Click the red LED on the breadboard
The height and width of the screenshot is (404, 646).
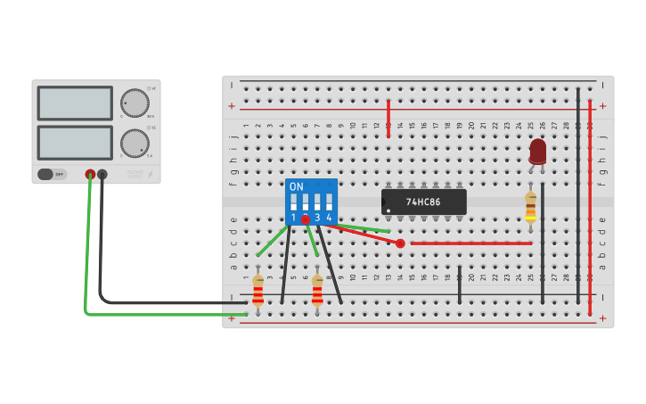pyautogui.click(x=537, y=150)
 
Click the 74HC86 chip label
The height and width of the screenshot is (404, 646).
pyautogui.click(x=423, y=202)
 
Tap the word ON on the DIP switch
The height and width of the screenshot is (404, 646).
pyautogui.click(x=297, y=187)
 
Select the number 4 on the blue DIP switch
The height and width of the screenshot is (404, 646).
pyautogui.click(x=329, y=218)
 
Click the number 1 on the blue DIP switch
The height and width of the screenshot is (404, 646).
pyautogui.click(x=293, y=218)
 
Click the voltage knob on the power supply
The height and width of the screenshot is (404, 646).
pyautogui.click(x=135, y=103)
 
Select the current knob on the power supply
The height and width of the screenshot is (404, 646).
pyautogui.click(x=135, y=143)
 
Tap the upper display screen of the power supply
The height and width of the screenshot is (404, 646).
pyautogui.click(x=75, y=103)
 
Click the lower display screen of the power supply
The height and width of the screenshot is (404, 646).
pyautogui.click(x=75, y=143)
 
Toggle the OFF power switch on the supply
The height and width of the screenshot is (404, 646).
pyautogui.click(x=53, y=175)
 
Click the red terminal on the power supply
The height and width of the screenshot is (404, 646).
pyautogui.click(x=90, y=175)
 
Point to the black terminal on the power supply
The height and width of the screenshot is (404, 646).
pyautogui.click(x=102, y=175)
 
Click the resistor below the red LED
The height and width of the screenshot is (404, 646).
pyautogui.click(x=530, y=206)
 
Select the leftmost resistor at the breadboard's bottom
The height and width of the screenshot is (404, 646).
pyautogui.click(x=258, y=291)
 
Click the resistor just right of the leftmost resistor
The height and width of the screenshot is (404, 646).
pyautogui.click(x=317, y=291)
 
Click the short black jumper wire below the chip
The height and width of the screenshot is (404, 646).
pyautogui.click(x=460, y=284)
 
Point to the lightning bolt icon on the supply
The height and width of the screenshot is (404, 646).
pyautogui.click(x=150, y=174)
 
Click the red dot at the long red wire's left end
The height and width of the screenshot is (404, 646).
pyautogui.click(x=400, y=243)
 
